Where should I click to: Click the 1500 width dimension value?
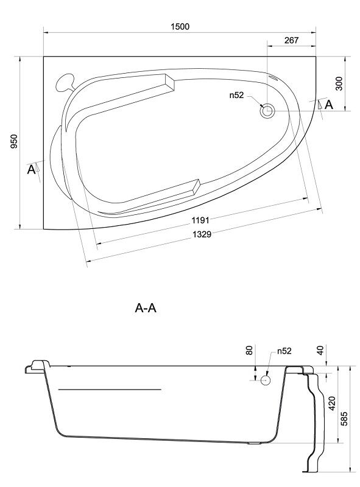[x=180, y=26]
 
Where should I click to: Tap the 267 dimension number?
[x=291, y=40]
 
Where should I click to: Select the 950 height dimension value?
[x=14, y=141]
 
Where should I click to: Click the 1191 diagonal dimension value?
[x=200, y=220]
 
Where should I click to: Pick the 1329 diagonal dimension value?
[x=202, y=234]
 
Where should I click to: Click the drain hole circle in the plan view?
[x=267, y=110]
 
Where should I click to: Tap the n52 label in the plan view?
[x=236, y=95]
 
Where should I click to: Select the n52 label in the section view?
[x=284, y=351]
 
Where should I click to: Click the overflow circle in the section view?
[x=265, y=380]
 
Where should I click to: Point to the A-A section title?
[x=146, y=308]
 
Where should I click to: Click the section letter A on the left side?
[x=31, y=170]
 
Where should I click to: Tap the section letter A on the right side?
[x=329, y=105]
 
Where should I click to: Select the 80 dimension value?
[x=250, y=351]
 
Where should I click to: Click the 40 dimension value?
[x=320, y=350]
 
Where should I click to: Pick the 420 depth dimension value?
[x=332, y=403]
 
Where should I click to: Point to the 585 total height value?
[x=344, y=418]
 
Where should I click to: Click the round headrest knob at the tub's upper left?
[x=65, y=82]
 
